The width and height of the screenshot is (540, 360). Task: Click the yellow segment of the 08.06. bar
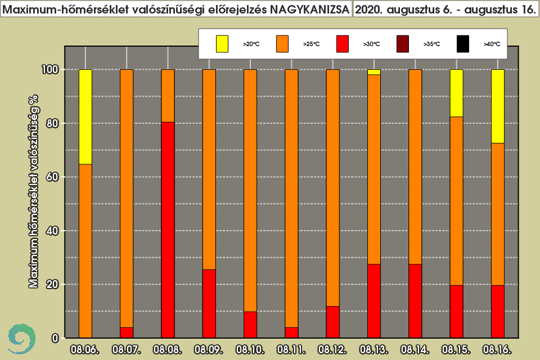pyautogui.click(x=85, y=117)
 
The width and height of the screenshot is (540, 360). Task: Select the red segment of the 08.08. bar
pyautogui.click(x=168, y=229)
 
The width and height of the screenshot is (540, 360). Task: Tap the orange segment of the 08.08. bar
pyautogui.click(x=168, y=96)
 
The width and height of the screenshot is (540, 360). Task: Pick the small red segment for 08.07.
pyautogui.click(x=127, y=332)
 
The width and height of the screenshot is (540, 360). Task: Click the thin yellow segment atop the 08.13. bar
pyautogui.click(x=374, y=72)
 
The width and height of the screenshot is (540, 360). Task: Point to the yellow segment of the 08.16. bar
pyautogui.click(x=498, y=106)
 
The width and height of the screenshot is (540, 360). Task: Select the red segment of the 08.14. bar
pyautogui.click(x=415, y=301)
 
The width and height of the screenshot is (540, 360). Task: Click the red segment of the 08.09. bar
pyautogui.click(x=209, y=304)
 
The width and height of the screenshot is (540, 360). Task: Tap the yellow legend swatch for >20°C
pyautogui.click(x=222, y=44)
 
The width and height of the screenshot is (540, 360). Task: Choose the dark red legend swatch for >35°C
pyautogui.click(x=403, y=44)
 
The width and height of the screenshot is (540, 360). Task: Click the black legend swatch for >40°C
pyautogui.click(x=463, y=44)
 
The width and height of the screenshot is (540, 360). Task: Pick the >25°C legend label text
pyautogui.click(x=311, y=44)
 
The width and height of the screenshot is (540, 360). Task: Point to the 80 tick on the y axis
pyautogui.click(x=52, y=123)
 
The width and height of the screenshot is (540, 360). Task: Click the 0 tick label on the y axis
pyautogui.click(x=55, y=338)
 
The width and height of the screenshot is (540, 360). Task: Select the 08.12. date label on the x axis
pyautogui.click(x=332, y=350)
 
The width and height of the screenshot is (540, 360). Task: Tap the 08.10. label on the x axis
pyautogui.click(x=250, y=350)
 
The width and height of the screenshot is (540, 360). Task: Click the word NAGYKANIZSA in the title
pyautogui.click(x=309, y=10)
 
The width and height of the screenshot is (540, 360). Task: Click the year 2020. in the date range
pyautogui.click(x=369, y=10)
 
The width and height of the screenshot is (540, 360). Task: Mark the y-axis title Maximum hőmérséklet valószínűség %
pyautogui.click(x=34, y=192)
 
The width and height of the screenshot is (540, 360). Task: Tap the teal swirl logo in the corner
pyautogui.click(x=21, y=339)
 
